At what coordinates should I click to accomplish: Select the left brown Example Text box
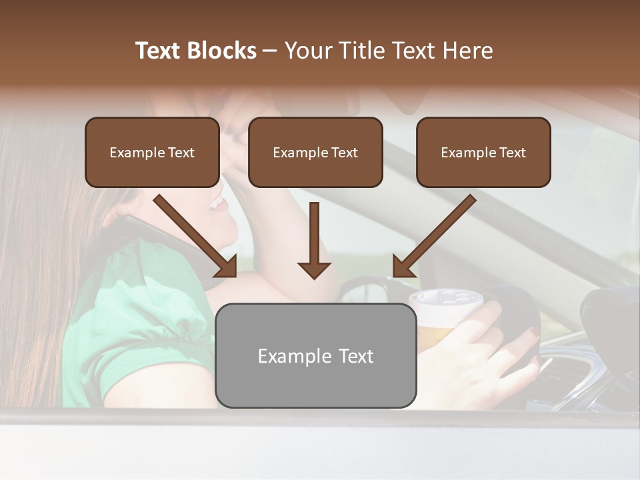pos(152,153)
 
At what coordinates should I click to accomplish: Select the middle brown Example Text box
pos(315,153)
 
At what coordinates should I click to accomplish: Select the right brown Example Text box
pos(483,153)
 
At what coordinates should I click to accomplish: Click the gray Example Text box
pos(315,356)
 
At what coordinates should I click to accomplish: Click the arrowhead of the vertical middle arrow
pos(314,270)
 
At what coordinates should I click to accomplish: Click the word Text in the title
pos(161,51)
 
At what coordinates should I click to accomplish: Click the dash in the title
pos(270,51)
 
